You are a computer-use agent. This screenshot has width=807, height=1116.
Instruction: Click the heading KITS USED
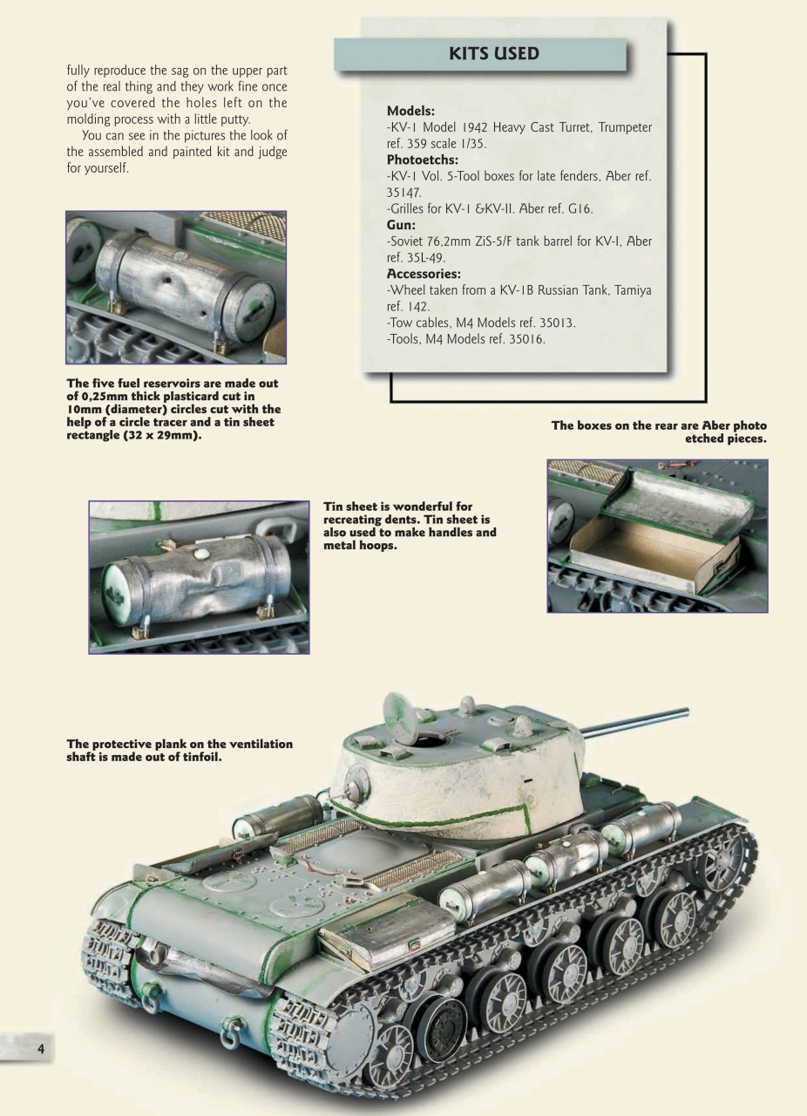[x=493, y=54]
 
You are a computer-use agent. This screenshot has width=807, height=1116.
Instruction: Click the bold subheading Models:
[x=410, y=111]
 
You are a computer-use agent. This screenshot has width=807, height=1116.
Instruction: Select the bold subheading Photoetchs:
[x=423, y=160]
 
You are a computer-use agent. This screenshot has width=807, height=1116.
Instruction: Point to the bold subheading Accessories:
[x=424, y=274]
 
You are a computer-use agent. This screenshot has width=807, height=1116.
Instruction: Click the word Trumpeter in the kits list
[x=618, y=127]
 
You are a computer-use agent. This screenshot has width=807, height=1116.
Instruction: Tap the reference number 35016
[x=521, y=339]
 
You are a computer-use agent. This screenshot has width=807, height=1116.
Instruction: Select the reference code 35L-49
[x=428, y=257]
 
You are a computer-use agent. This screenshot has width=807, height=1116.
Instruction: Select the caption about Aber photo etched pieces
[x=659, y=432]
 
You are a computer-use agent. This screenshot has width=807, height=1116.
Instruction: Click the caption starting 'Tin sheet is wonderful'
[x=409, y=526]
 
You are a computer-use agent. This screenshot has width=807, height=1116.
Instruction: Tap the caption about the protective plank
[x=180, y=750]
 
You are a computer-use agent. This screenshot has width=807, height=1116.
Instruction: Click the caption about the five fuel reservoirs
[x=173, y=409]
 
